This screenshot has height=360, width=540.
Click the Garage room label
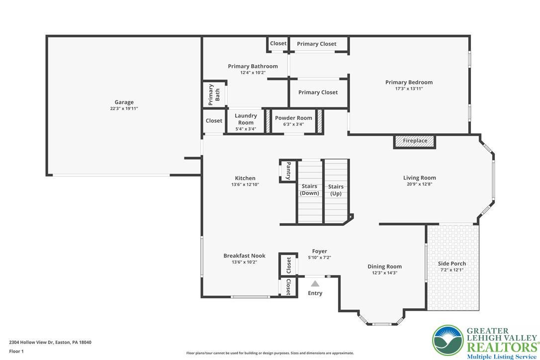click(x=124, y=102)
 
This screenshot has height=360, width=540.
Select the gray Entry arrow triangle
click(x=315, y=283)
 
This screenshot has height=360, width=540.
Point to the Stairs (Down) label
click(x=309, y=189)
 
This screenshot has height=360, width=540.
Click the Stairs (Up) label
click(x=336, y=190)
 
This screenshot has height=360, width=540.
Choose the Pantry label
click(x=288, y=171)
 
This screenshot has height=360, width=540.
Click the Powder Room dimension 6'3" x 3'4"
click(x=293, y=124)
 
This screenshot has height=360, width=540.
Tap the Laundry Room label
click(x=246, y=119)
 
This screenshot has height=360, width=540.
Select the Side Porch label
click(x=452, y=264)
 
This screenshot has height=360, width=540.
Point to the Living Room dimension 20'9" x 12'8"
click(x=420, y=184)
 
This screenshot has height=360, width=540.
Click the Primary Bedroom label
click(x=409, y=83)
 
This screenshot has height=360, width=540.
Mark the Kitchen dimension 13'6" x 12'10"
click(x=245, y=184)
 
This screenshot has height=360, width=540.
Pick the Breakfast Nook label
click(x=244, y=256)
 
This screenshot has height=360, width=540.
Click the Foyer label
click(x=320, y=251)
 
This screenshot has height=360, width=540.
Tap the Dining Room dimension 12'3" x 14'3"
click(x=384, y=272)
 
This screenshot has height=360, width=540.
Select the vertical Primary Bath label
click(x=214, y=94)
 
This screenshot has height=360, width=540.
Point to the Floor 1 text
click(x=16, y=352)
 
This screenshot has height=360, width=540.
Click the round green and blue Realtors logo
click(x=448, y=341)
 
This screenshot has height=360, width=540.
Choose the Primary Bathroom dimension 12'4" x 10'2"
click(x=253, y=73)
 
